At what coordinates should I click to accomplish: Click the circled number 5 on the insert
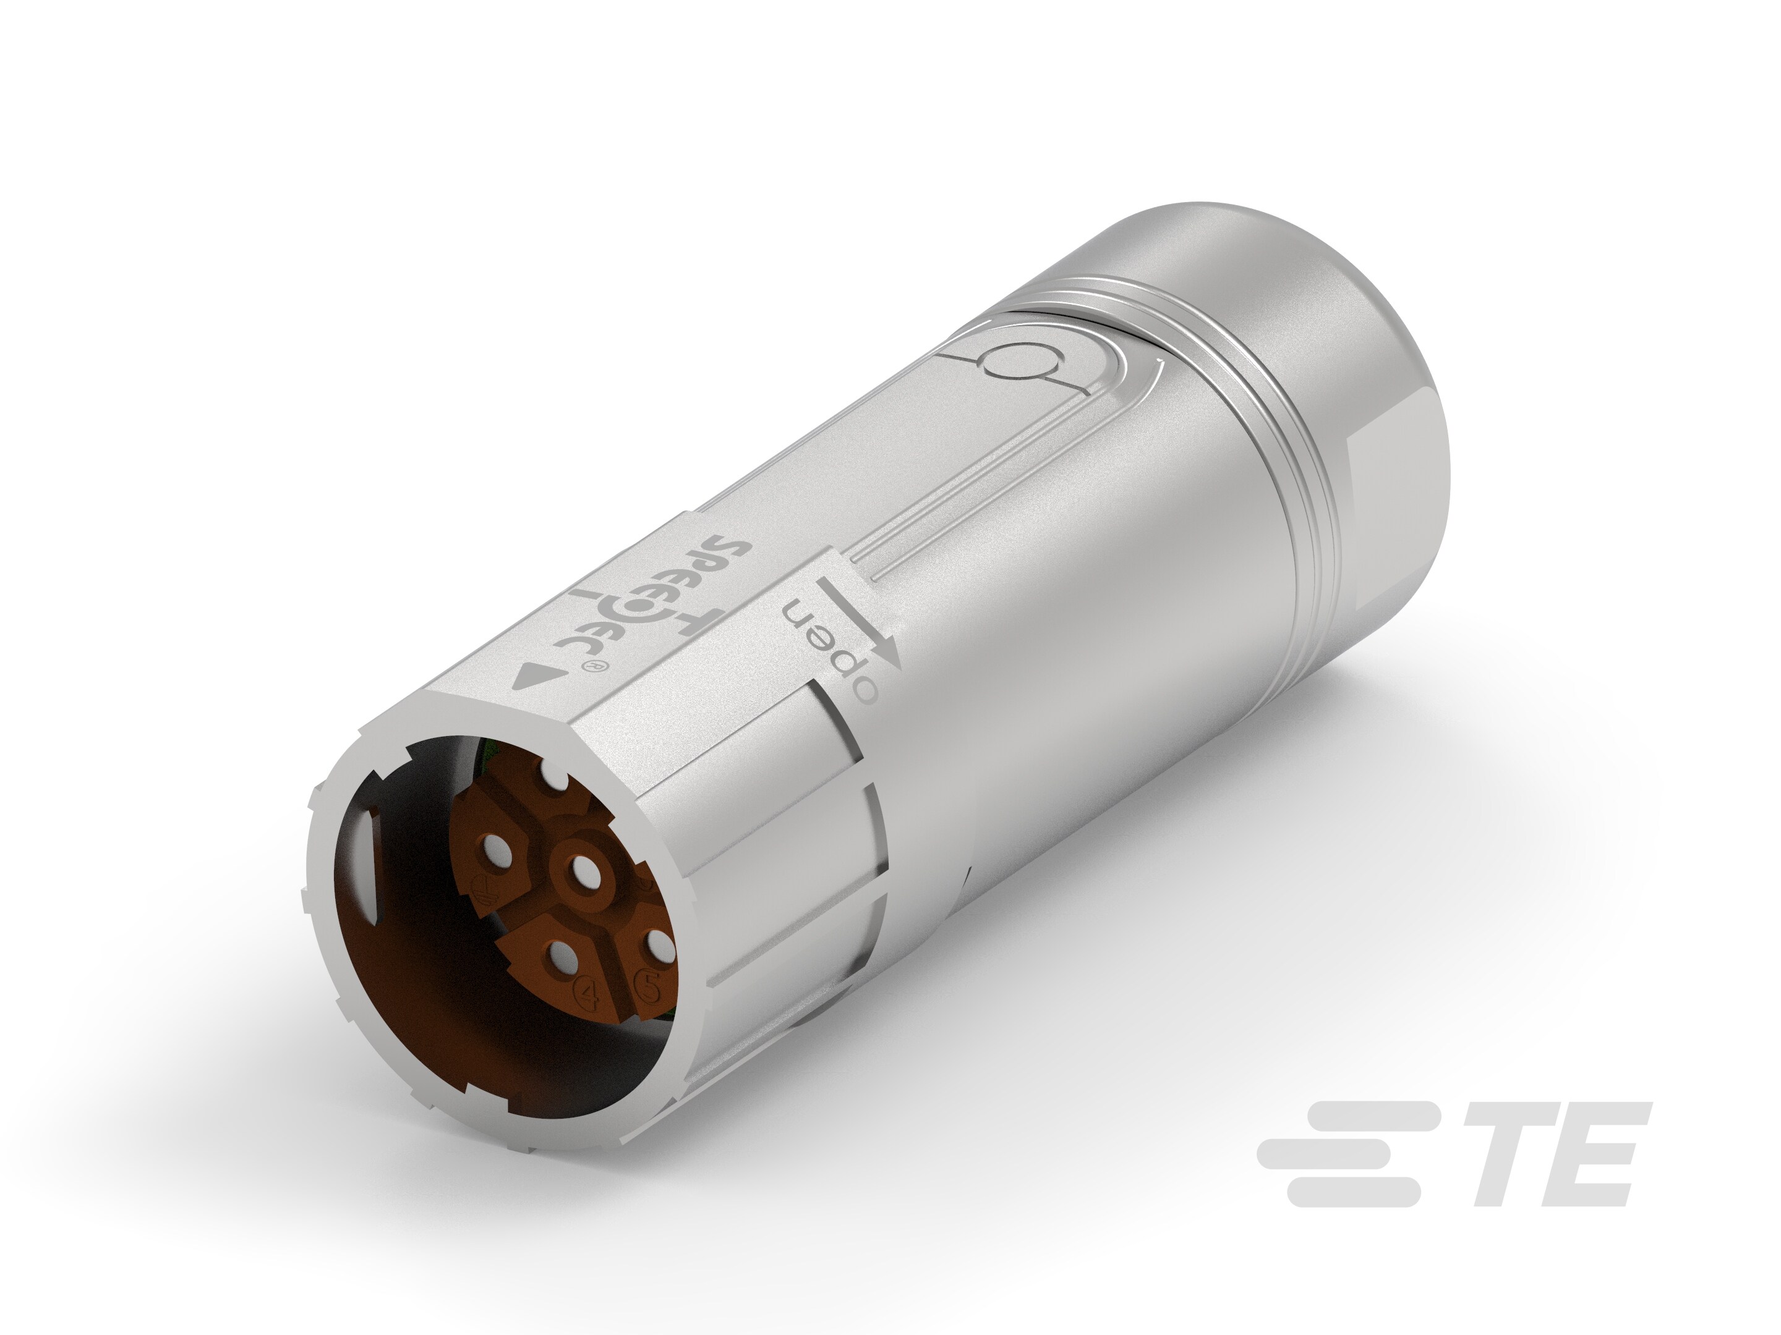(x=650, y=983)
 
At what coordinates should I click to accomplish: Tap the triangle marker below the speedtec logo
(x=529, y=677)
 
